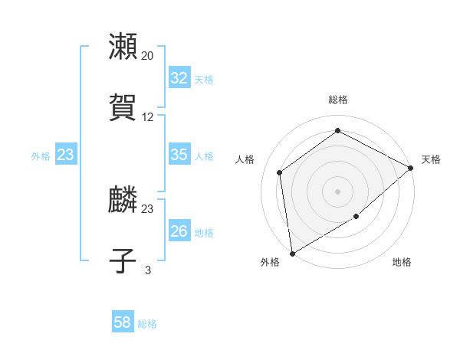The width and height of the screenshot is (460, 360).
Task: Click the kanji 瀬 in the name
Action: (123, 47)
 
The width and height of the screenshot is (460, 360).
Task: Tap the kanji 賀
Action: (123, 108)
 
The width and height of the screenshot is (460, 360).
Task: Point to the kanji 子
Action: (123, 260)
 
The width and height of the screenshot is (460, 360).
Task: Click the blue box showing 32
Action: (179, 78)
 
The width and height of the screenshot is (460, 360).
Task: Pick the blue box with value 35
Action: (179, 155)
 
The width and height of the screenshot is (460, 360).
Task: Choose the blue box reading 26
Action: (179, 231)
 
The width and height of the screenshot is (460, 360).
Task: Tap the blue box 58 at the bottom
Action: (123, 322)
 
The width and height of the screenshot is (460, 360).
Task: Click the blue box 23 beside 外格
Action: (66, 155)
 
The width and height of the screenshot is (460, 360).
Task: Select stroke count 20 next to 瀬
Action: (148, 56)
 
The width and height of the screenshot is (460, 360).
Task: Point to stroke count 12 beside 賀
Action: (148, 117)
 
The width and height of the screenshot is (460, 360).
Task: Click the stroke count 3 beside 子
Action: (148, 270)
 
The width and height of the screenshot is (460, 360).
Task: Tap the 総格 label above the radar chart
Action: (338, 100)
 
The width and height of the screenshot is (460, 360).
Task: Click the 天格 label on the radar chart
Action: (431, 159)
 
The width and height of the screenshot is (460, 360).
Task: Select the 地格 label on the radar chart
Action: (402, 263)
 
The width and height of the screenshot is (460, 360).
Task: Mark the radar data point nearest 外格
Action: (292, 253)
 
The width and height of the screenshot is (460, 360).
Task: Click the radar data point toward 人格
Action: (280, 172)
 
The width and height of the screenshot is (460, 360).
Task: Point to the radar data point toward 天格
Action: (411, 168)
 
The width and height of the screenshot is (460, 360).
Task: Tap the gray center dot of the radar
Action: (338, 191)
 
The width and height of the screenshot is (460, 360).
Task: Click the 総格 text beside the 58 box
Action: (147, 324)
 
